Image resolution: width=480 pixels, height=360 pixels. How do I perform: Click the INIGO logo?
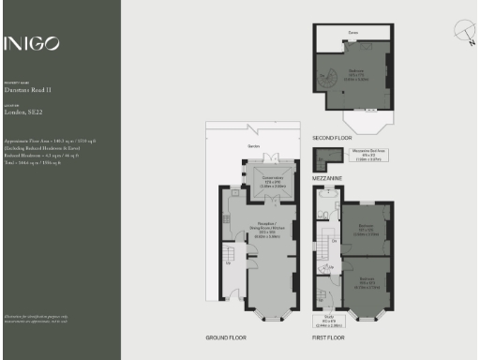tap(32, 43)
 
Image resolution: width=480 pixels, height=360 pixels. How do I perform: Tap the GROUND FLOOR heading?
tap(225, 337)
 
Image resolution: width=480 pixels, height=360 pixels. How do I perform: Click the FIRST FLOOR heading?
tap(329, 337)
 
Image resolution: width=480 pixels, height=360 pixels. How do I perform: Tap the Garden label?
tap(254, 147)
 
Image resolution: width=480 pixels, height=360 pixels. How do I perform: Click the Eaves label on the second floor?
tap(353, 32)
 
